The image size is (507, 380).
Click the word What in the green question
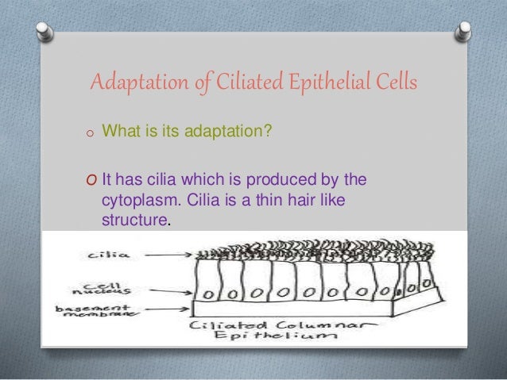click(x=117, y=129)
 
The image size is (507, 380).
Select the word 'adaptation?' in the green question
click(x=230, y=129)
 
